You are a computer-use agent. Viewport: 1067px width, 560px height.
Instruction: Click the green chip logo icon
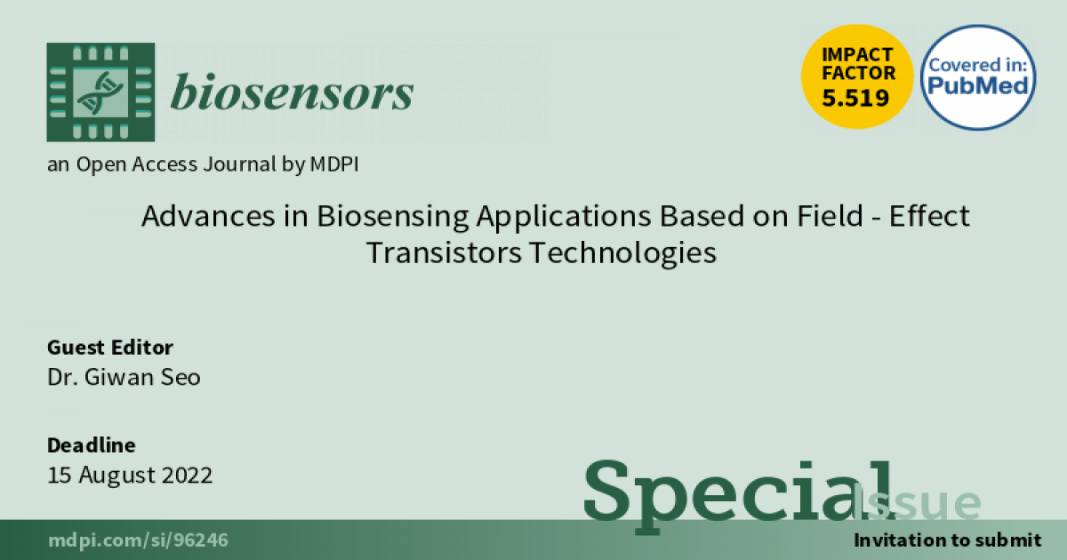pos(100,92)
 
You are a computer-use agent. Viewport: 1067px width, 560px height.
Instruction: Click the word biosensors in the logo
pos(292,92)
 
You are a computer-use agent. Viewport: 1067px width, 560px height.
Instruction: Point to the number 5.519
pos(856,98)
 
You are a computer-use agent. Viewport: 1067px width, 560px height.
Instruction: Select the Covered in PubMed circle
pos(978,77)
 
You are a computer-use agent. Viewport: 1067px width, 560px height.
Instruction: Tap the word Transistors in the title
pos(445,252)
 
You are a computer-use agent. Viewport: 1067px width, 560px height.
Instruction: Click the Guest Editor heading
pos(109,348)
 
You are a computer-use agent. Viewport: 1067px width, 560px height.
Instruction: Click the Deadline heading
pos(91,445)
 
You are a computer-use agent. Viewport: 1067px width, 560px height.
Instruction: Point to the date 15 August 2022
pos(130,475)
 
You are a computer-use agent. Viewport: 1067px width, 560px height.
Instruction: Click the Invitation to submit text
pos(946,540)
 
